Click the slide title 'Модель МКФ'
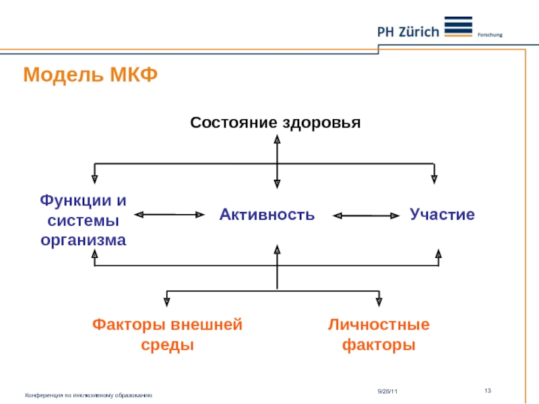pyautogui.click(x=90, y=75)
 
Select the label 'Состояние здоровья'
pyautogui.click(x=276, y=123)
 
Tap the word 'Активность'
pyautogui.click(x=267, y=215)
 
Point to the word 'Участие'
pyautogui.click(x=442, y=215)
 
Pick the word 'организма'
pyautogui.click(x=84, y=239)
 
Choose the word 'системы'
pyautogui.click(x=84, y=220)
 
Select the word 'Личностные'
pyautogui.click(x=379, y=325)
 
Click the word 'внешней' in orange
pyautogui.click(x=209, y=325)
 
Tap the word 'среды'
pyautogui.click(x=167, y=345)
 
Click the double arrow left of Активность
pyautogui.click(x=169, y=215)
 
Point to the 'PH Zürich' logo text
pyautogui.click(x=407, y=31)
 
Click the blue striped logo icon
pyautogui.click(x=459, y=26)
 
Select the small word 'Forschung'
pyautogui.click(x=490, y=35)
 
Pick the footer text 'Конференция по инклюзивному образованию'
pyautogui.click(x=88, y=395)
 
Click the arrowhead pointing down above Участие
pyautogui.click(x=435, y=178)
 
